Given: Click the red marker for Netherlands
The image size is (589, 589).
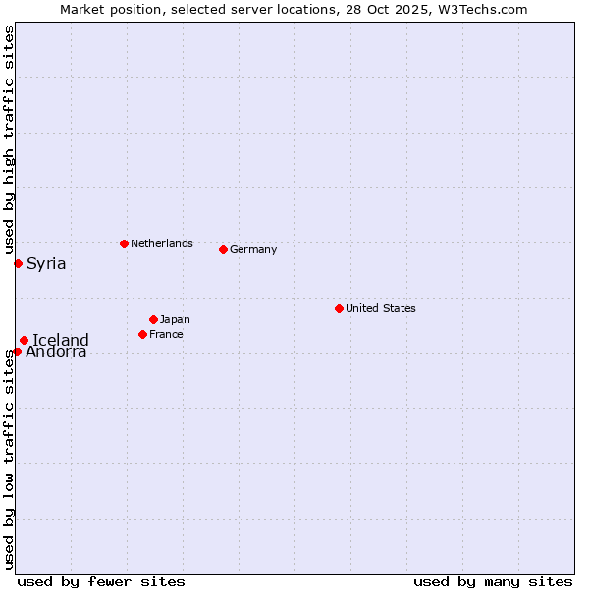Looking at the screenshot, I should coord(124,243).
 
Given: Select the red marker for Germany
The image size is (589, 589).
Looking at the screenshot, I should coord(223,249).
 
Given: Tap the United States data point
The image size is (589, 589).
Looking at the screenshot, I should coord(339,308).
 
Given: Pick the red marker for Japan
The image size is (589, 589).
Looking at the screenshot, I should coord(153,319).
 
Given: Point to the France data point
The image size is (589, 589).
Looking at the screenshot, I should coord(142,334).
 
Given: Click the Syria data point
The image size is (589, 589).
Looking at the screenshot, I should coord(18,263).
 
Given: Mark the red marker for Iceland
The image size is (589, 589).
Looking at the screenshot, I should coord(24,340).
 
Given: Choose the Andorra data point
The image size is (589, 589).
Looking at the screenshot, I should coord(17,351).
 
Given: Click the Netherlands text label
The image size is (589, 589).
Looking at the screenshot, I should coord(162,243).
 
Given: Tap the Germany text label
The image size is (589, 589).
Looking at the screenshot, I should coord(253,249).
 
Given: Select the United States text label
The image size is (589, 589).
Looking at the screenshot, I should coord(381,308).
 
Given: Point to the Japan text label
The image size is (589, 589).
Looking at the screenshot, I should coord(175,319).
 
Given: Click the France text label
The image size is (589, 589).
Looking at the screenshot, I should coord(167,334).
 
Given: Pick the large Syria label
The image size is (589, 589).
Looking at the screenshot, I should coord(46,263).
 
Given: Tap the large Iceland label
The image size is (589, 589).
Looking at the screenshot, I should coord(61,340).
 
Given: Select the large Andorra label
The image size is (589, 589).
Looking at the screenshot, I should coord(56,352).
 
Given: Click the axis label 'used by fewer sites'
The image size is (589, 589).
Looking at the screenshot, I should coord(101,581).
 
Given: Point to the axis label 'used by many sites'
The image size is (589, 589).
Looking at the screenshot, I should coord(493,581).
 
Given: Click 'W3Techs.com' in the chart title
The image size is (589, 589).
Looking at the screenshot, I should coord(488,9).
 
